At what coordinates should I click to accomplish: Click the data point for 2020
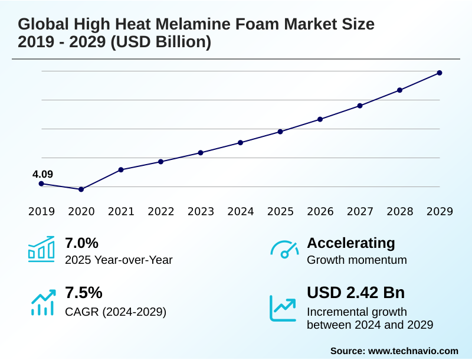pos(81,189)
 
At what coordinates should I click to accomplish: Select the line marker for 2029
pos(440,73)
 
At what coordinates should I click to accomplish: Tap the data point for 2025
pos(280,132)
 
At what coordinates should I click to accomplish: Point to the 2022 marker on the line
pos(161,162)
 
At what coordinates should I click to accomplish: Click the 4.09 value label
pos(42,174)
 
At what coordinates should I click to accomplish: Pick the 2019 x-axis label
pos(41,212)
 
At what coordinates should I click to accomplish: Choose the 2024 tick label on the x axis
pos(241,212)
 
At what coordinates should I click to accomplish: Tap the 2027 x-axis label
pos(360,212)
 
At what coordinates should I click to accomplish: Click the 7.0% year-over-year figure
pos(81,243)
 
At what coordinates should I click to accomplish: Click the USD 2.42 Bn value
pos(356,293)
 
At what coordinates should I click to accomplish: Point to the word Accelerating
pos(351,243)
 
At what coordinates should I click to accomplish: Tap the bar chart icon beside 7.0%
pos(41,249)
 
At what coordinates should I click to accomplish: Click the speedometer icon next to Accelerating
pos(284,249)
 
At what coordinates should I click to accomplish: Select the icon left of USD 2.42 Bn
pos(283,307)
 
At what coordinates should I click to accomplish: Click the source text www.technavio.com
pos(413,351)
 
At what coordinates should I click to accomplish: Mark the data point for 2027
pos(360,106)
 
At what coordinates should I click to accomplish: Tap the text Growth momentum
pos(357,260)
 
